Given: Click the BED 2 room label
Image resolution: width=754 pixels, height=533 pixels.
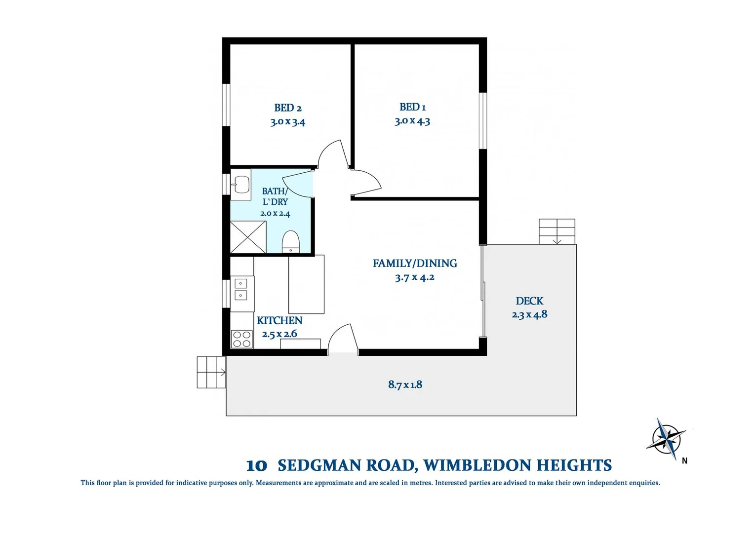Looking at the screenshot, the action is (288, 108).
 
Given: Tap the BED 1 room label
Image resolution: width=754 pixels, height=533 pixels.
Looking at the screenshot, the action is (412, 107).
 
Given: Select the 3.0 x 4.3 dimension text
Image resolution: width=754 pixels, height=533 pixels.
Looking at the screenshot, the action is (412, 121).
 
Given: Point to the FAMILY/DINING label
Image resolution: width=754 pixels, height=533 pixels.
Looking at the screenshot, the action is (415, 263).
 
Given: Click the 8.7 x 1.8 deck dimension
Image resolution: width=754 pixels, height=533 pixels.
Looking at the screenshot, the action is (405, 384).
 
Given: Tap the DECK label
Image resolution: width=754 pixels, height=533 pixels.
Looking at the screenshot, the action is (529, 301).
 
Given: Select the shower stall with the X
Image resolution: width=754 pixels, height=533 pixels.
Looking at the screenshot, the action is (248, 237).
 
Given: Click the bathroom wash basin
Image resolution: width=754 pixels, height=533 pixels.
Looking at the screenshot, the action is (241, 185).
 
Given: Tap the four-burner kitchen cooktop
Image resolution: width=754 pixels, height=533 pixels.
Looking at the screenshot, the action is (241, 339).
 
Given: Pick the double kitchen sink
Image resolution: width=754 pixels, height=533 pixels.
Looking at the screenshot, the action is (240, 289).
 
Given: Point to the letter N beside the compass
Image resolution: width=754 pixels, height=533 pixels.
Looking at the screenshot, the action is (684, 461).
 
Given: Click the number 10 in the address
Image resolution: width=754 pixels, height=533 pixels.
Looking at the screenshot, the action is (257, 466).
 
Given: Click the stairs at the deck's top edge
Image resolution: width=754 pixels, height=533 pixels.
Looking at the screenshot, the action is (557, 231).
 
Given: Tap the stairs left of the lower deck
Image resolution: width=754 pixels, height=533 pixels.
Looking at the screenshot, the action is (211, 372).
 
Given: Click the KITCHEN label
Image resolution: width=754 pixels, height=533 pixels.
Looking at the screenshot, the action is (279, 321).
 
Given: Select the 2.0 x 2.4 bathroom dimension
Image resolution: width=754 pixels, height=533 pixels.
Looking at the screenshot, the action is (275, 213).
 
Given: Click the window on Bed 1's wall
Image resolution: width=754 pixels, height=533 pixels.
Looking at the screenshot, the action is (483, 121).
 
